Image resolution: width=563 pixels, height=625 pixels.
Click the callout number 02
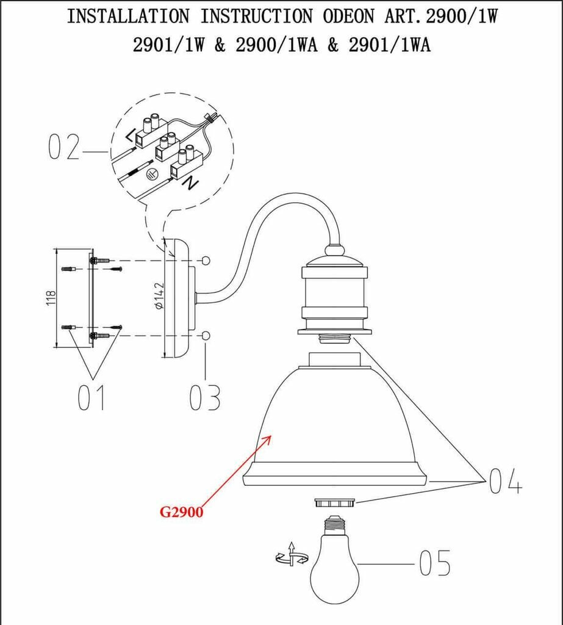pyautogui.click(x=64, y=146)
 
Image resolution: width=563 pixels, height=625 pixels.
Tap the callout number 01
pyautogui.click(x=91, y=397)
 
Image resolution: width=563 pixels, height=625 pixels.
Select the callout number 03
pyautogui.click(x=204, y=397)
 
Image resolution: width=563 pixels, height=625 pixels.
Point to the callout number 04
pyautogui.click(x=505, y=481)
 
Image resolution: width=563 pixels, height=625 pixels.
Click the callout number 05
pyautogui.click(x=435, y=563)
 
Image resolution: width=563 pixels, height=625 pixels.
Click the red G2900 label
pyautogui.click(x=181, y=512)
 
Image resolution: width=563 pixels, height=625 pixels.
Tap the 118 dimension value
pyautogui.click(x=51, y=298)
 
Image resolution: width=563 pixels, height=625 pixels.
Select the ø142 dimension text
pyautogui.click(x=159, y=296)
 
